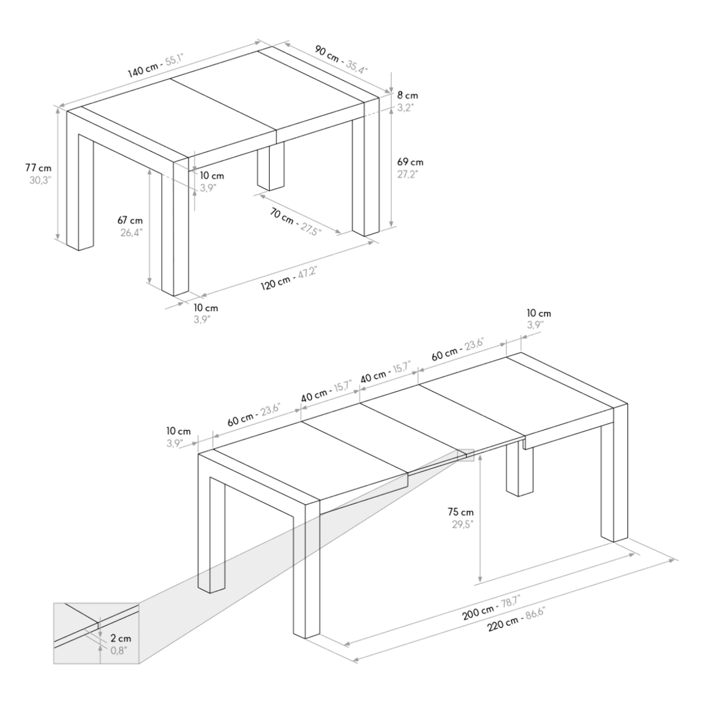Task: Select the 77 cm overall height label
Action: click(39, 168)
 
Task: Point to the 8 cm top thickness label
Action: click(407, 95)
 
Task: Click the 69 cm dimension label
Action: click(410, 162)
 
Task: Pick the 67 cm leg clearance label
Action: click(130, 221)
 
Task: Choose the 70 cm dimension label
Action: click(282, 215)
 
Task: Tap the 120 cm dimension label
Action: click(276, 283)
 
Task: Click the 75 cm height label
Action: click(460, 512)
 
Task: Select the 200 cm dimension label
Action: click(478, 612)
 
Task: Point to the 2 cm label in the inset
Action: click(120, 638)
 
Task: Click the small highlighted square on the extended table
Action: click(465, 455)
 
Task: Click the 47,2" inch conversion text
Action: click(307, 274)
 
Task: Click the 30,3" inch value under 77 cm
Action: click(40, 180)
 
